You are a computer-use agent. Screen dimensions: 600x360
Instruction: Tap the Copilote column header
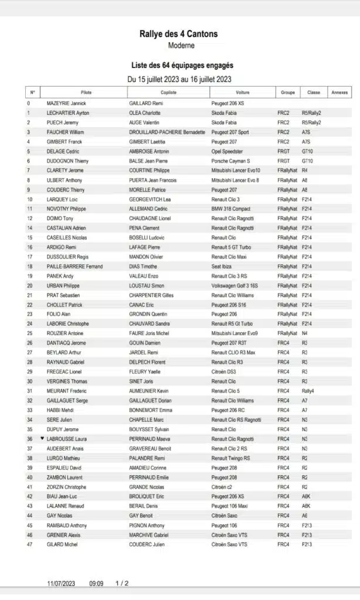(x=168, y=93)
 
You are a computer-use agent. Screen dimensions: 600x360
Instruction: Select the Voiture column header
(x=242, y=93)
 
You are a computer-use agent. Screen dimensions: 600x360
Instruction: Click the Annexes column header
(x=339, y=93)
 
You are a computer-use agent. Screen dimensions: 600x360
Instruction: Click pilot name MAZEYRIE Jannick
(x=66, y=103)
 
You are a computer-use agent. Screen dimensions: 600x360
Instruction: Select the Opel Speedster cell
(x=227, y=151)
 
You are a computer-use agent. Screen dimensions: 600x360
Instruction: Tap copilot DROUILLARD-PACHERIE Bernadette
(x=167, y=132)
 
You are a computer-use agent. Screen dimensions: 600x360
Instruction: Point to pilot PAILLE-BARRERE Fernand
(x=74, y=267)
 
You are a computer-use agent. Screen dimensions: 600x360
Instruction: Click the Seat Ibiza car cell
(x=223, y=267)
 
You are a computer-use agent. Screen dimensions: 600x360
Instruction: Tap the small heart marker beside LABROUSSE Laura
(x=42, y=438)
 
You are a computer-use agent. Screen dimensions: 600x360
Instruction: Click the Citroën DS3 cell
(x=225, y=371)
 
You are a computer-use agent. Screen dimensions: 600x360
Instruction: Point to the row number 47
(x=29, y=544)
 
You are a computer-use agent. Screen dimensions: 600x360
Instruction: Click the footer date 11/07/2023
(x=62, y=584)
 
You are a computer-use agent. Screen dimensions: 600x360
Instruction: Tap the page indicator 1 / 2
(x=122, y=584)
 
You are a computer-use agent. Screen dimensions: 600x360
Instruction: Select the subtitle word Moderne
(x=181, y=46)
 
